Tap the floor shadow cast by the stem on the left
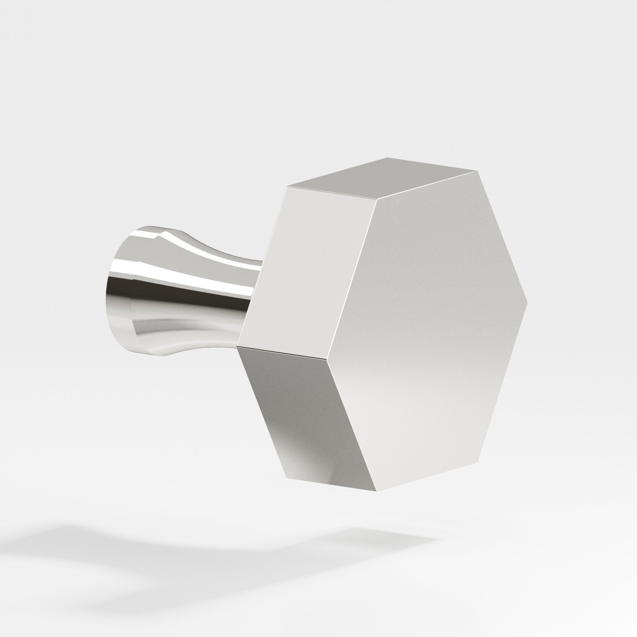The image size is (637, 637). tap(99, 541)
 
